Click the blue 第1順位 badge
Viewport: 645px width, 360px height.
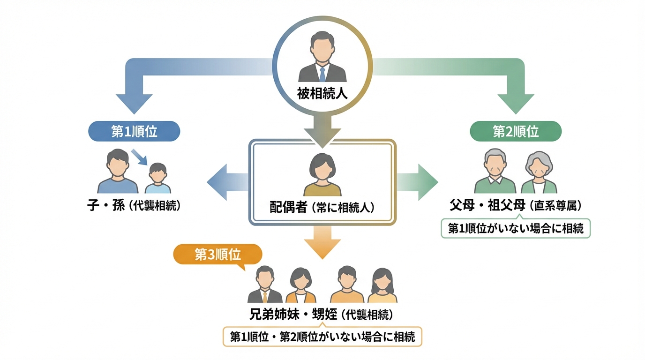point(134,132)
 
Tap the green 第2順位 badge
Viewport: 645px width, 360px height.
point(516,132)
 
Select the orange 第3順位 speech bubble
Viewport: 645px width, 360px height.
point(217,255)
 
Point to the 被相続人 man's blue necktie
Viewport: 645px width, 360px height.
point(322,74)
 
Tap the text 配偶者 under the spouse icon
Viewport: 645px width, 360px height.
point(288,207)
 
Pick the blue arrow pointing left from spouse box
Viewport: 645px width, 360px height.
point(228,179)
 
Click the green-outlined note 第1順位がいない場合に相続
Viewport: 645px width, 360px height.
point(516,229)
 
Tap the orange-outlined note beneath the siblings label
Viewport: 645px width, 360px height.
point(322,337)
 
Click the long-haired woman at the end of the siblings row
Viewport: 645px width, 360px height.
point(382,285)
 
